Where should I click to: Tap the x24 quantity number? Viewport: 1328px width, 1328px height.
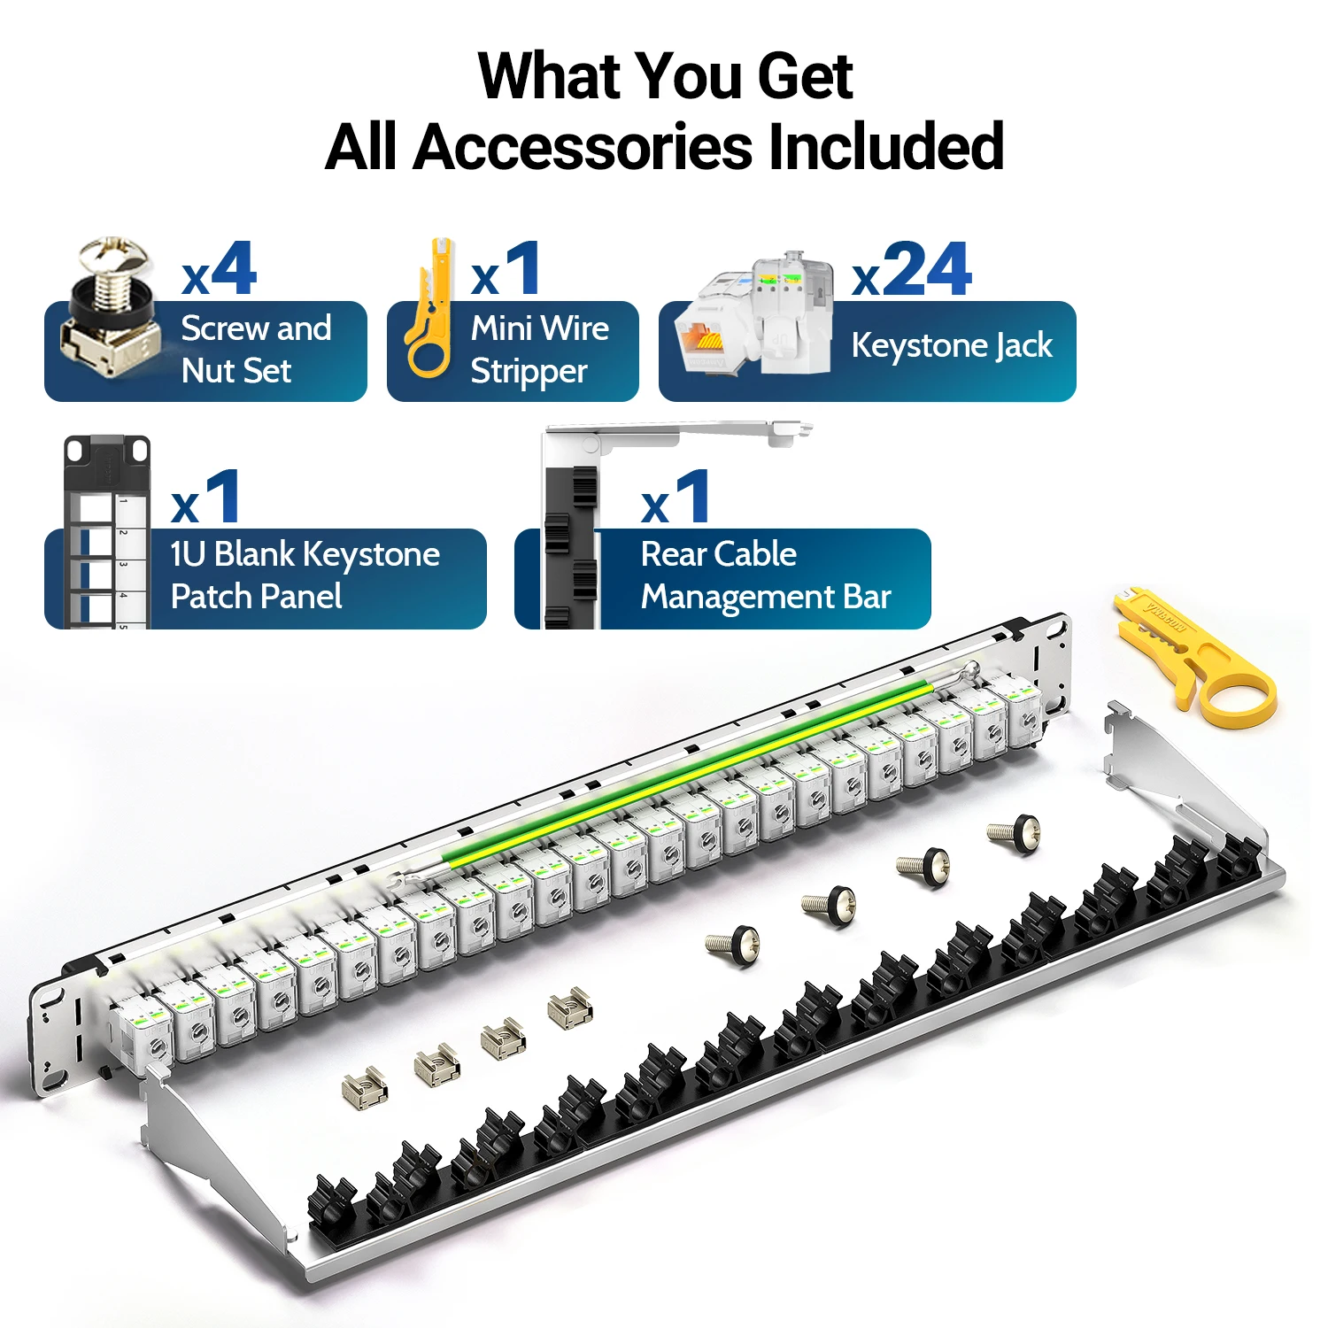click(x=913, y=271)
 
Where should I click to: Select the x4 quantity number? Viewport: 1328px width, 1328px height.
click(x=220, y=271)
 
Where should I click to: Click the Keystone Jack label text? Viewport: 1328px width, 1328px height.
click(x=952, y=345)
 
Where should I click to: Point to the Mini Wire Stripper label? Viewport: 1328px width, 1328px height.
click(x=539, y=350)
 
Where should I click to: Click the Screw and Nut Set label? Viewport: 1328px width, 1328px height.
click(x=256, y=350)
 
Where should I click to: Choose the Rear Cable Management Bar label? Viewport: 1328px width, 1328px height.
click(x=765, y=575)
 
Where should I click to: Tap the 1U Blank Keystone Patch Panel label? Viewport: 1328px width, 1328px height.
click(x=305, y=575)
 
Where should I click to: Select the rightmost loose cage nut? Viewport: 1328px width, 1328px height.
click(x=570, y=1008)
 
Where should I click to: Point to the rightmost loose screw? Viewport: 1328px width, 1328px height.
click(x=1015, y=833)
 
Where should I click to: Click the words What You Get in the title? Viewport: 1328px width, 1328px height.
click(x=665, y=76)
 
